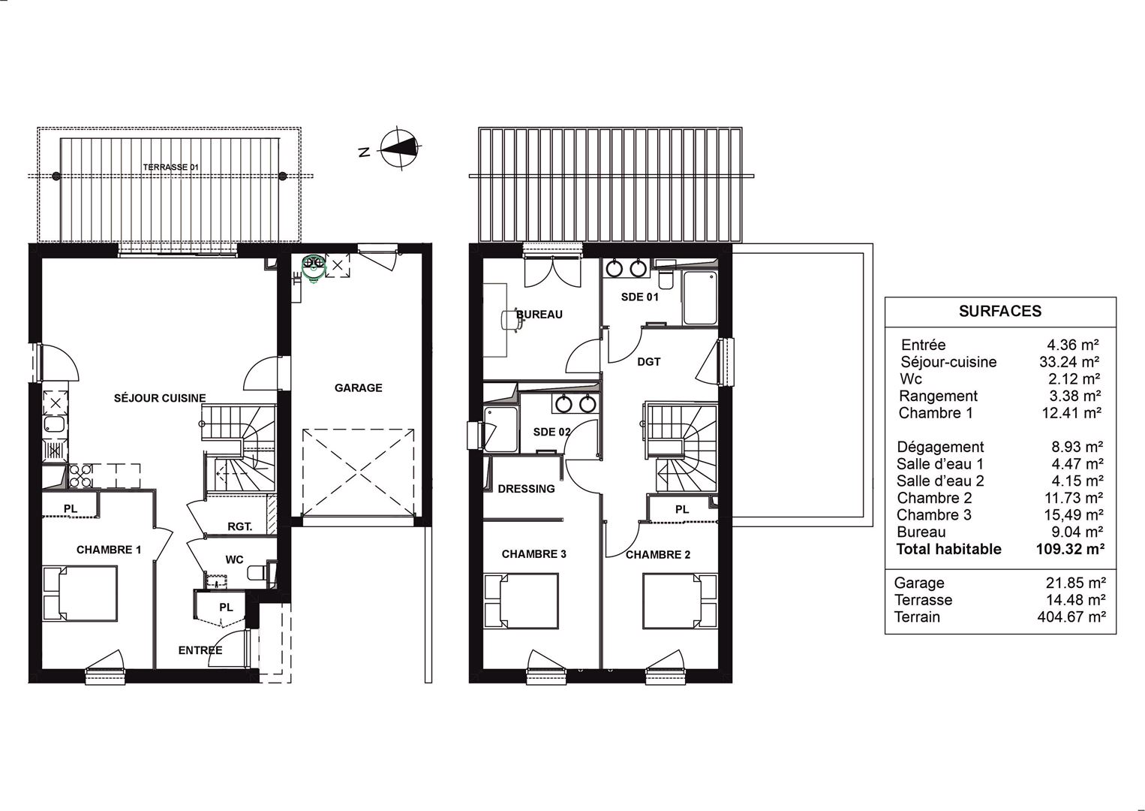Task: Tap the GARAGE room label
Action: (359, 387)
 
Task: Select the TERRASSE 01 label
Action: (171, 167)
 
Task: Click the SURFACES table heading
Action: (1000, 311)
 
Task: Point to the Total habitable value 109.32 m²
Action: (1071, 549)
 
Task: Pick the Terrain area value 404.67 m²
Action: (1071, 617)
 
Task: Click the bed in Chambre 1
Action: (80, 593)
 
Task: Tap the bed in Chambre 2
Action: (680, 601)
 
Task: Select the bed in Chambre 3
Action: (521, 601)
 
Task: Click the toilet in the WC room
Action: (257, 571)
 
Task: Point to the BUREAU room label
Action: (539, 314)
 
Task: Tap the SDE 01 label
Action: (639, 297)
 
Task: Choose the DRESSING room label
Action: (526, 489)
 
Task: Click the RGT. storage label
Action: (240, 526)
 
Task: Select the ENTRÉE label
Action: (200, 650)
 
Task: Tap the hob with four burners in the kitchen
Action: (80, 476)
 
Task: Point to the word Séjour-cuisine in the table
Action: (948, 362)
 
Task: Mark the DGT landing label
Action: (649, 362)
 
